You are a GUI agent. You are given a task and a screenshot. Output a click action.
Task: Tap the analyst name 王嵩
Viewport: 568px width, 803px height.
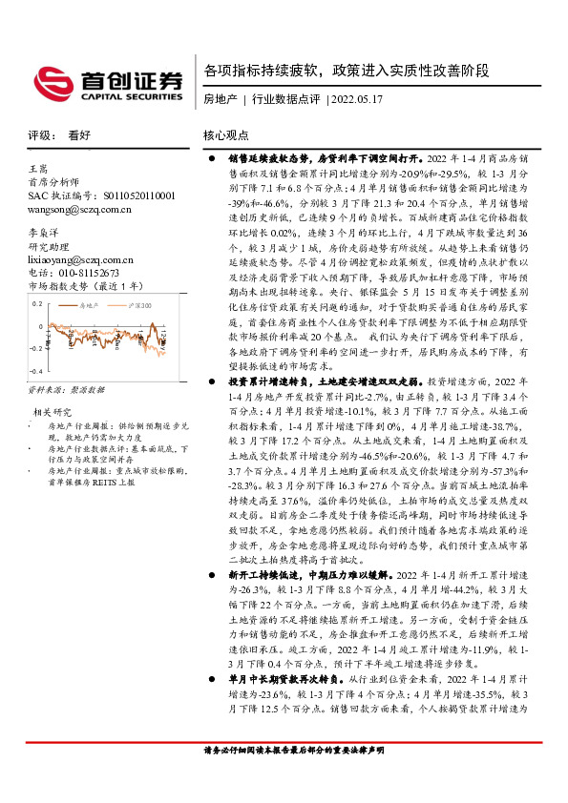point(38,168)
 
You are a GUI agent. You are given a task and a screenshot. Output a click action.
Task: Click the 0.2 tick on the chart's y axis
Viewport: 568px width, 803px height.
point(37,302)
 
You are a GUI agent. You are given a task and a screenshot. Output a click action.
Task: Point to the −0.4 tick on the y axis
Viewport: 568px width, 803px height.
point(35,372)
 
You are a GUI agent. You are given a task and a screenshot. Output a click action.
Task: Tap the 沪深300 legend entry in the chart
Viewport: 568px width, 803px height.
point(138,304)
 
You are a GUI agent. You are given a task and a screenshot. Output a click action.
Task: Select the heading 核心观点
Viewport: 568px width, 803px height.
point(226,135)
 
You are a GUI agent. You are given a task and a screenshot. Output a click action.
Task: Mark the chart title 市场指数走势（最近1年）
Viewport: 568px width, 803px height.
point(85,285)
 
